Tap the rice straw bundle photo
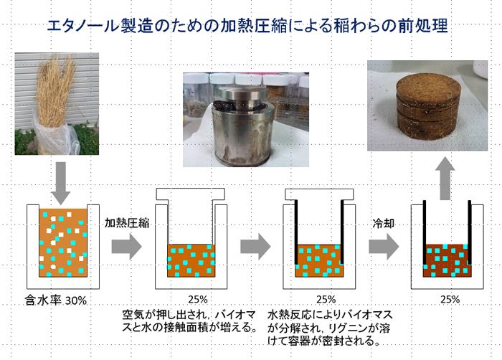click(x=57, y=104)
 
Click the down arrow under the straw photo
click(x=61, y=183)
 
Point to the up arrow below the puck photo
click(x=445, y=178)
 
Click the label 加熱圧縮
click(x=127, y=222)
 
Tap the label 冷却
click(x=383, y=223)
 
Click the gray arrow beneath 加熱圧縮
click(x=126, y=247)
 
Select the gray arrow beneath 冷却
click(x=384, y=247)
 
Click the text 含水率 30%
click(x=56, y=300)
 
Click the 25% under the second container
click(x=198, y=300)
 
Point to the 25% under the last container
click(x=450, y=300)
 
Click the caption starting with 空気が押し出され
click(x=189, y=321)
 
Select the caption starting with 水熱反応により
click(x=330, y=327)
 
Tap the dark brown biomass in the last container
click(x=447, y=260)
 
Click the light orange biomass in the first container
click(x=63, y=243)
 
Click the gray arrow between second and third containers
click(x=255, y=247)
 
